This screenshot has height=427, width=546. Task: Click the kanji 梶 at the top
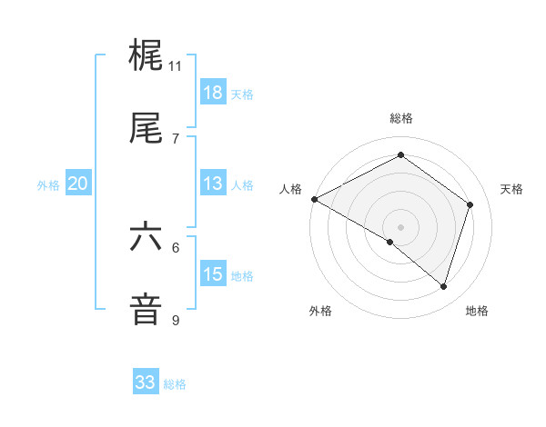click(147, 56)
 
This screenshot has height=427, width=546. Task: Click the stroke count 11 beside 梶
click(176, 66)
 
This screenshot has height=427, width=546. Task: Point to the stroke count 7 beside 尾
click(176, 138)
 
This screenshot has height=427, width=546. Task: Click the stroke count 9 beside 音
click(176, 320)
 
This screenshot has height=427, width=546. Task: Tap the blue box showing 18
click(213, 93)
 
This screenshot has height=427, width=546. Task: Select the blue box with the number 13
click(213, 184)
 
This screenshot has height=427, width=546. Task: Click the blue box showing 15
click(213, 274)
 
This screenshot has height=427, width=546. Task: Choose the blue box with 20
click(78, 184)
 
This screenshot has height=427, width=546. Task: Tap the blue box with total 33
click(146, 382)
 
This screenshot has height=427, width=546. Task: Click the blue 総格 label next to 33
click(175, 384)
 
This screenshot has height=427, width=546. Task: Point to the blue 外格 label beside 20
click(48, 185)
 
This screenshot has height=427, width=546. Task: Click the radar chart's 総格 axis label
click(401, 118)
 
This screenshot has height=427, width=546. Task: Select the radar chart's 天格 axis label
click(512, 189)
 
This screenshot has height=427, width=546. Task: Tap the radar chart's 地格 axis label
click(477, 311)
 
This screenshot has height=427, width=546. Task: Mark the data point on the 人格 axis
click(314, 199)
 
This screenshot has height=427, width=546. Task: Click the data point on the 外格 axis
click(390, 243)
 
